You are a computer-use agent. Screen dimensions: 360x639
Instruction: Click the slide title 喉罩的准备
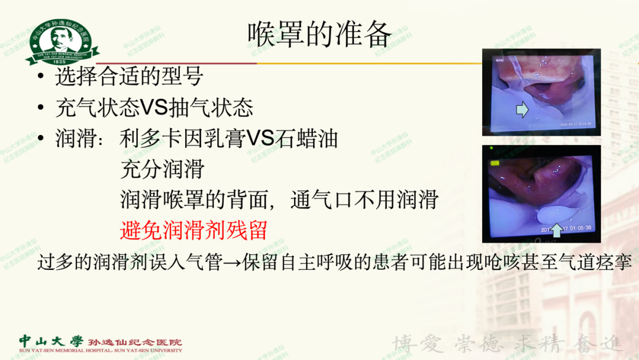(x=319, y=34)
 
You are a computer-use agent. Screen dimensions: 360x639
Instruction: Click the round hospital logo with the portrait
(x=62, y=40)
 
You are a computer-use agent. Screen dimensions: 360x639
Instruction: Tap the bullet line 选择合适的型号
(x=129, y=76)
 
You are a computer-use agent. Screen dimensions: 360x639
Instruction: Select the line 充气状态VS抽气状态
(x=154, y=108)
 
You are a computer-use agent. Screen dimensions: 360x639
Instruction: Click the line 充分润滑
(x=162, y=169)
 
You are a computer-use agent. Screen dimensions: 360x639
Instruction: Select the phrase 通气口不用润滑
(x=364, y=200)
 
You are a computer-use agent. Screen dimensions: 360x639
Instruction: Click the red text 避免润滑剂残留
(x=193, y=230)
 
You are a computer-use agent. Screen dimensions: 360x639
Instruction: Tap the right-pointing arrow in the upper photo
(x=522, y=109)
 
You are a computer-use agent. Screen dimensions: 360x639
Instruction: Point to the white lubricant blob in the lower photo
(x=554, y=212)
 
